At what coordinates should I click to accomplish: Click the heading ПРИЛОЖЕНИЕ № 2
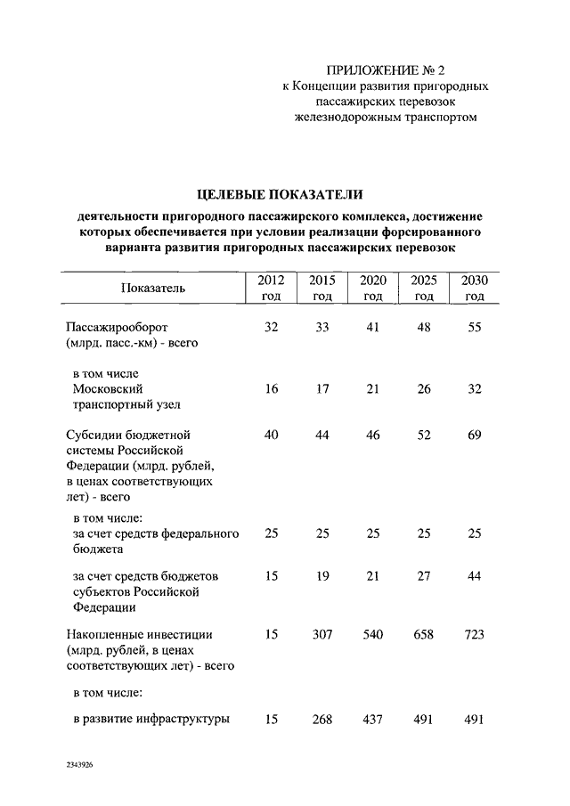(385, 70)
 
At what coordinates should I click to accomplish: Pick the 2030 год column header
(475, 288)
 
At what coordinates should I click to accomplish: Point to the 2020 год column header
(373, 288)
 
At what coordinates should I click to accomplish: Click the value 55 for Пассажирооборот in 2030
(475, 328)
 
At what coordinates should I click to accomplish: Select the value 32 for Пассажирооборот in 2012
(272, 328)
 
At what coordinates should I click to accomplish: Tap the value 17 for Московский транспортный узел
(322, 389)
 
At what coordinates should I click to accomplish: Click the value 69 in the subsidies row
(475, 435)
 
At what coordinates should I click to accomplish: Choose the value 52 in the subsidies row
(424, 435)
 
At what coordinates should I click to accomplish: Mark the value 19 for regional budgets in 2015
(322, 576)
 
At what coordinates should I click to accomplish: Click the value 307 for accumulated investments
(322, 634)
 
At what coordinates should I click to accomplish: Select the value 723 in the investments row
(475, 634)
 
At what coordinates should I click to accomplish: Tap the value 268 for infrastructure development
(322, 720)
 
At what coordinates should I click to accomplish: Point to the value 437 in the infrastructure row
(373, 720)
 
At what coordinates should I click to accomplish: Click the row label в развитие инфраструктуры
(151, 720)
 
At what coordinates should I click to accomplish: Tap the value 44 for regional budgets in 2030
(475, 576)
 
